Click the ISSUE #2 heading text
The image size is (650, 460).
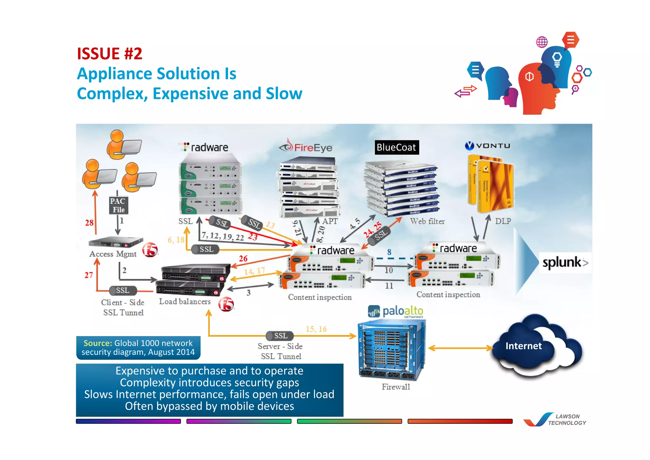[x=109, y=53]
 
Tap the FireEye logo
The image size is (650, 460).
[x=306, y=147]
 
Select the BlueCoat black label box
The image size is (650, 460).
[x=396, y=147]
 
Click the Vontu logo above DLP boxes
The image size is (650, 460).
[x=487, y=146]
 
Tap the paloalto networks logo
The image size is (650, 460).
[x=396, y=311]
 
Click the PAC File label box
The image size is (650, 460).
[x=118, y=205]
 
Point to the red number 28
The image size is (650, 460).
[x=89, y=223]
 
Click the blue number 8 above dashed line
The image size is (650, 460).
[x=389, y=252]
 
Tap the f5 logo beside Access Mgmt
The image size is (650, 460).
[x=150, y=250]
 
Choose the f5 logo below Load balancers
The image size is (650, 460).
[x=226, y=304]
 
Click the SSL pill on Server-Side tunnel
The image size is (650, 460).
[x=280, y=336]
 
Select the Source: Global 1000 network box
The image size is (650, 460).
[x=138, y=348]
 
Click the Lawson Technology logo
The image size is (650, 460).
[x=555, y=420]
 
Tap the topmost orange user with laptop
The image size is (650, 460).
[x=123, y=145]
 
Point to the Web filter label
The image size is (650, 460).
[x=427, y=221]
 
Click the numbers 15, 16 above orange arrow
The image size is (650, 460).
[x=316, y=329]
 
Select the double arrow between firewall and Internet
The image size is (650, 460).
[x=460, y=348]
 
